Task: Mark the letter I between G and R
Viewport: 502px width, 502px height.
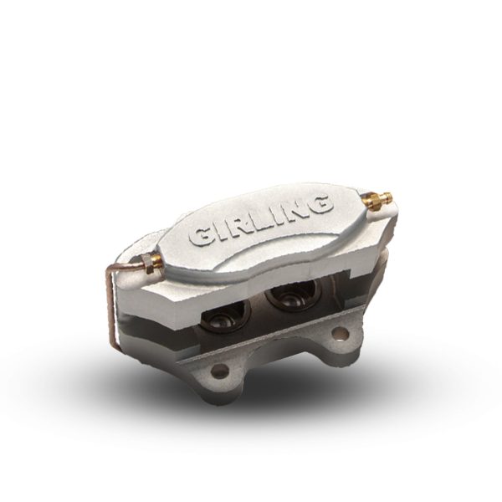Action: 219,232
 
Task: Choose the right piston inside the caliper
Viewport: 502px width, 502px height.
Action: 289,296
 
